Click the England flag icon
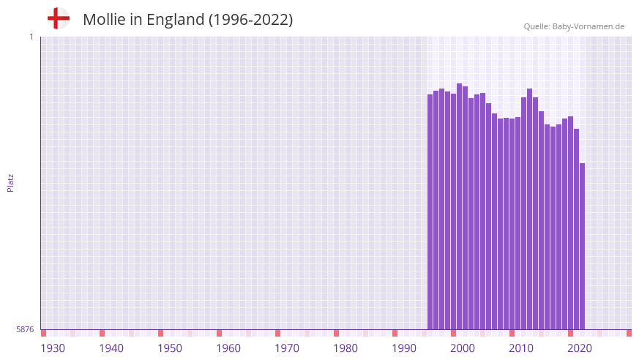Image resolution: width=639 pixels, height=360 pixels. [58, 18]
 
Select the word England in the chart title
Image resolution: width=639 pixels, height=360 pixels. [175, 20]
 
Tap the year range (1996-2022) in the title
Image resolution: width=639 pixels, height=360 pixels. [250, 20]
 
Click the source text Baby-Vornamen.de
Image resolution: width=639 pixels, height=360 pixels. [588, 26]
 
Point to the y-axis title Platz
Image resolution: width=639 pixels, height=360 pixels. [10, 182]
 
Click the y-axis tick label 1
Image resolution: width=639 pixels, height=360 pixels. [31, 37]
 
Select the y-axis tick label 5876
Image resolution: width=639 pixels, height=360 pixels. [25, 329]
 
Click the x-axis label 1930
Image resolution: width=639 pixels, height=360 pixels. [53, 348]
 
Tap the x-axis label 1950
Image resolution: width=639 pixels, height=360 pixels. [170, 348]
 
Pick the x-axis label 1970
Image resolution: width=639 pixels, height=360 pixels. [287, 348]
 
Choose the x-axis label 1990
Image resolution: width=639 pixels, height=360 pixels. [404, 348]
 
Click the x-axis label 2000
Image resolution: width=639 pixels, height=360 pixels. [463, 348]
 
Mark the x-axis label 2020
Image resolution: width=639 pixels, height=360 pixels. [580, 348]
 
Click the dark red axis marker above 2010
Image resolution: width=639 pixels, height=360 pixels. [512, 333]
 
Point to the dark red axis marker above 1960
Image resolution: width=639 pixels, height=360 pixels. [219, 333]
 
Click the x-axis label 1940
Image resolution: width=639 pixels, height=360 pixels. [111, 348]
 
